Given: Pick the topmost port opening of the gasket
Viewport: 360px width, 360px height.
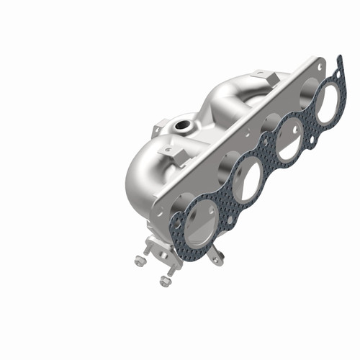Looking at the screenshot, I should (325, 103).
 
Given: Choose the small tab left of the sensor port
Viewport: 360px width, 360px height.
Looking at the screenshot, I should (157, 130).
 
